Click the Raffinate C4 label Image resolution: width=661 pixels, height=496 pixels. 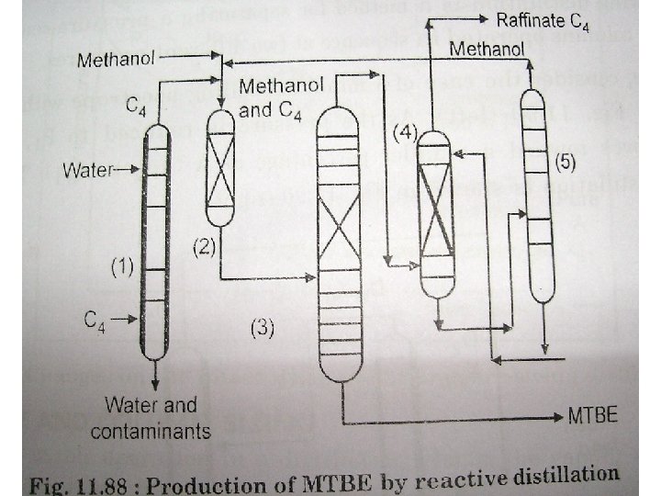[x=543, y=19]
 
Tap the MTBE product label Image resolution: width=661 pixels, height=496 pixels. [x=591, y=418]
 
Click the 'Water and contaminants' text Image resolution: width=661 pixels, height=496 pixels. [x=157, y=417]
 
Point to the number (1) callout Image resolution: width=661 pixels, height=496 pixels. [x=121, y=268]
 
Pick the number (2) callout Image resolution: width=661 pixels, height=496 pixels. [x=204, y=246]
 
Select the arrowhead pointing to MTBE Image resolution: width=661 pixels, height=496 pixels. [x=556, y=418]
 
